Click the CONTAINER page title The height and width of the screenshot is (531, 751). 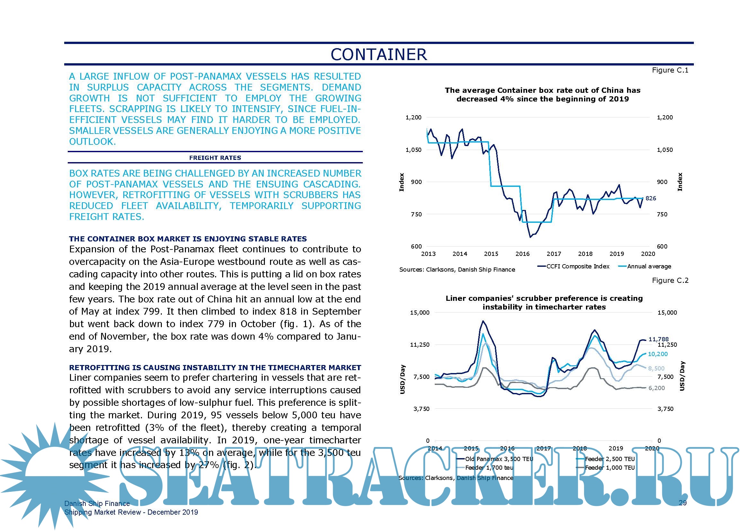(379, 55)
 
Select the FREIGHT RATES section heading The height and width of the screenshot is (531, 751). (215, 158)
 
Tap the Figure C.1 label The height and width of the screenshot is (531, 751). (670, 70)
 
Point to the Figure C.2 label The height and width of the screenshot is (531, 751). (670, 281)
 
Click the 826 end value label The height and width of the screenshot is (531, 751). (651, 198)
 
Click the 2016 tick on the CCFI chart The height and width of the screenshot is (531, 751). (522, 254)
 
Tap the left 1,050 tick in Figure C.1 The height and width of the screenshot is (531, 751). (414, 150)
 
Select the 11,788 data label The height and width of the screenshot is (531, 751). (659, 339)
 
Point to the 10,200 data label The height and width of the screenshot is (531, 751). (658, 354)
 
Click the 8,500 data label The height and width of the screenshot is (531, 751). (656, 369)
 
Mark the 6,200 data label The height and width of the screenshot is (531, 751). (657, 388)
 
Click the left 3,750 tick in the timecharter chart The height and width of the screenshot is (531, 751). (421, 409)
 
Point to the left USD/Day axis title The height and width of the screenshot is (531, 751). (403, 379)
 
